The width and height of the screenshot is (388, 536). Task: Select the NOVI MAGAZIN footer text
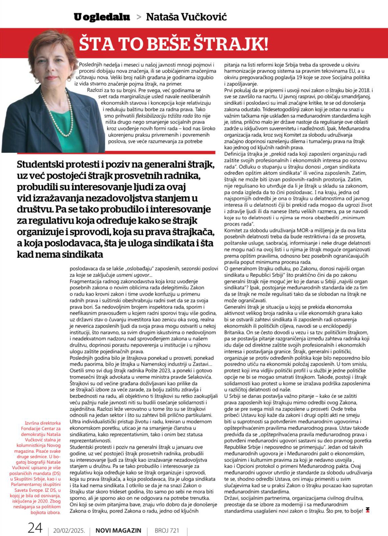(119, 531)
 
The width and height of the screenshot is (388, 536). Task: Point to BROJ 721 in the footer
(167, 531)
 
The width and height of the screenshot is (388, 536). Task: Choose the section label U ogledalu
(102, 17)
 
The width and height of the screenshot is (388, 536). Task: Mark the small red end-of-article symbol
(368, 510)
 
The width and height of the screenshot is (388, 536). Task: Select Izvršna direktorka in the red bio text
(43, 423)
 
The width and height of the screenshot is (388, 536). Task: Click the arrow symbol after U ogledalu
(139, 17)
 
